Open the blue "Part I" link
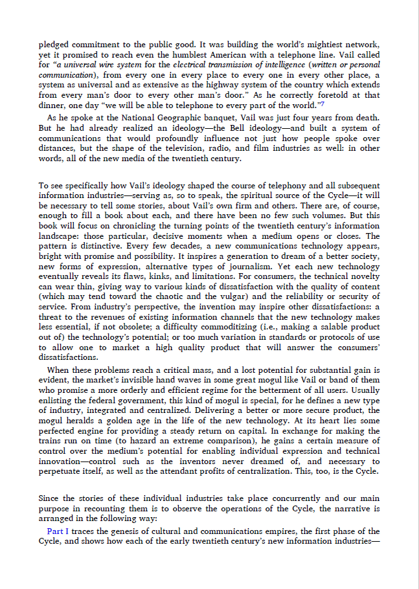(x=58, y=531)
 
